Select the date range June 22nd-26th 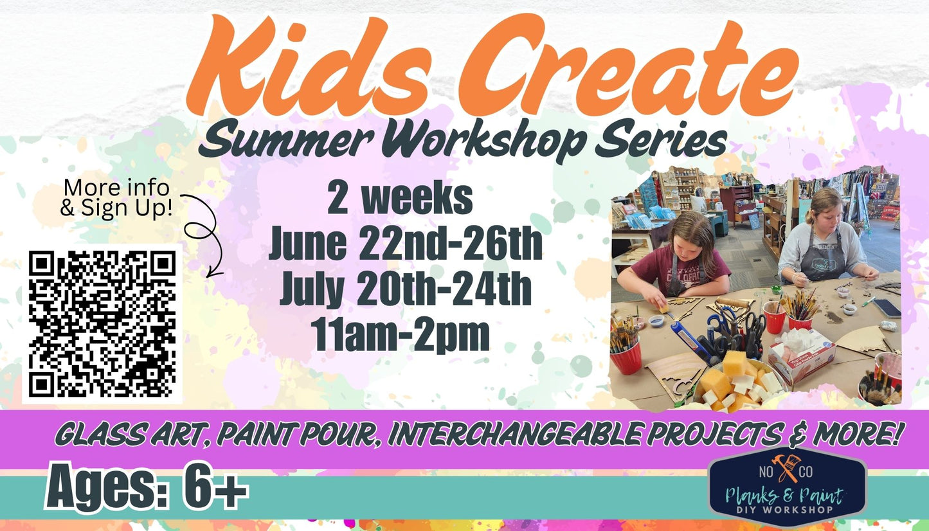coord(405,245)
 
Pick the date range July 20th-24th coord(405,290)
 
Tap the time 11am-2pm coord(400,335)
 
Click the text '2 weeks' coord(400,199)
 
